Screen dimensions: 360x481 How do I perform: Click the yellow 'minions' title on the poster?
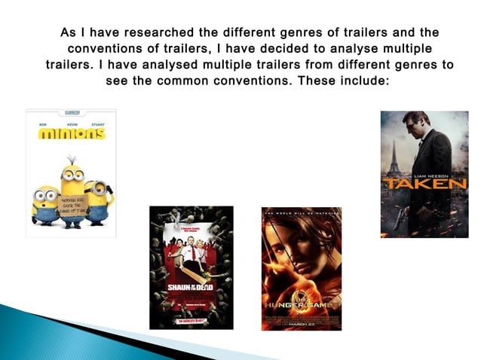tap(72, 134)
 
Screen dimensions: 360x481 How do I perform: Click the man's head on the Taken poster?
tap(411, 123)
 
